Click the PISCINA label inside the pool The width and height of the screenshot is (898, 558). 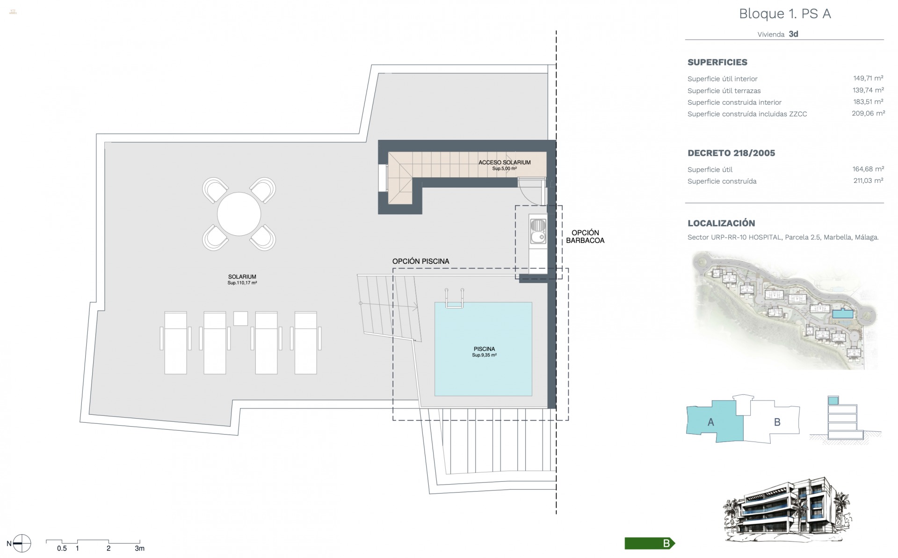click(x=484, y=349)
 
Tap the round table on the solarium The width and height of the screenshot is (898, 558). click(x=239, y=214)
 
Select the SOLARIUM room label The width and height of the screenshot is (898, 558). click(x=242, y=276)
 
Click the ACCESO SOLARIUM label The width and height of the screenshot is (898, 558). click(x=504, y=162)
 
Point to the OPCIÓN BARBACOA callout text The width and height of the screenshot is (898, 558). click(x=585, y=237)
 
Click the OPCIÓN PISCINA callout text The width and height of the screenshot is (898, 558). click(x=420, y=261)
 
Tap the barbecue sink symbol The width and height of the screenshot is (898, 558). click(x=538, y=232)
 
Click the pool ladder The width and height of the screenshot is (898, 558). click(x=454, y=298)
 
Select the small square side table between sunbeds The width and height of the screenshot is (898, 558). click(x=240, y=319)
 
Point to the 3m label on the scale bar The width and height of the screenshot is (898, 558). click(x=139, y=549)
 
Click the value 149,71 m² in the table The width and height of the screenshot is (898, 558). click(x=868, y=79)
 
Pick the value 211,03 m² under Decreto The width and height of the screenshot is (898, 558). click(x=868, y=181)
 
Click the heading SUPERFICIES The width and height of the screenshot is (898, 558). click(x=717, y=62)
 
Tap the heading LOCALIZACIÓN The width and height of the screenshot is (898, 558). click(x=721, y=223)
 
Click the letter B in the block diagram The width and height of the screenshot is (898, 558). click(x=777, y=422)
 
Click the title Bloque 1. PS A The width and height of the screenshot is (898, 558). click(x=785, y=14)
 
